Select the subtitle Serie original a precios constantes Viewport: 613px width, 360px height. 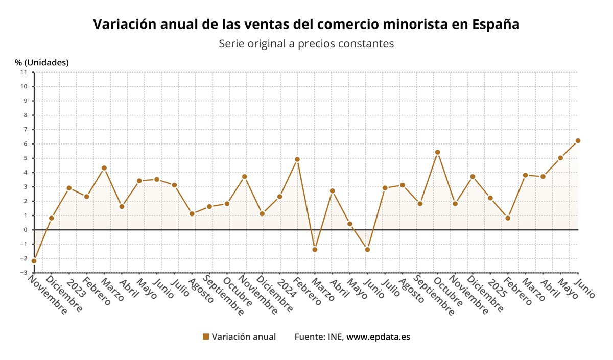tap(306, 44)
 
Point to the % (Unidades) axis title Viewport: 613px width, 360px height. tap(42, 62)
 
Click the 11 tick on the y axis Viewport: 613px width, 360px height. tap(23, 72)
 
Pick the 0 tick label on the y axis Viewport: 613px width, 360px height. tap(25, 230)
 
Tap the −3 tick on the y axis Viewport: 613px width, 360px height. tap(23, 273)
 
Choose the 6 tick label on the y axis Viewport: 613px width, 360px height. tap(25, 144)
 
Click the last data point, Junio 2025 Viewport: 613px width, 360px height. tap(578, 141)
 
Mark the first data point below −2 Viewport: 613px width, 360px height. tap(34, 261)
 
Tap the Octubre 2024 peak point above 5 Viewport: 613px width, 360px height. tap(437, 152)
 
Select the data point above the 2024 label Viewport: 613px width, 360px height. tap(279, 197)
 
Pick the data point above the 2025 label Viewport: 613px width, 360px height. tap(490, 198)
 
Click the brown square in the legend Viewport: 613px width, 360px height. tap(206, 337)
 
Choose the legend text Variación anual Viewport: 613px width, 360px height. tap(244, 337)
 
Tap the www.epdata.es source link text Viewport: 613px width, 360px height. tap(378, 337)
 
